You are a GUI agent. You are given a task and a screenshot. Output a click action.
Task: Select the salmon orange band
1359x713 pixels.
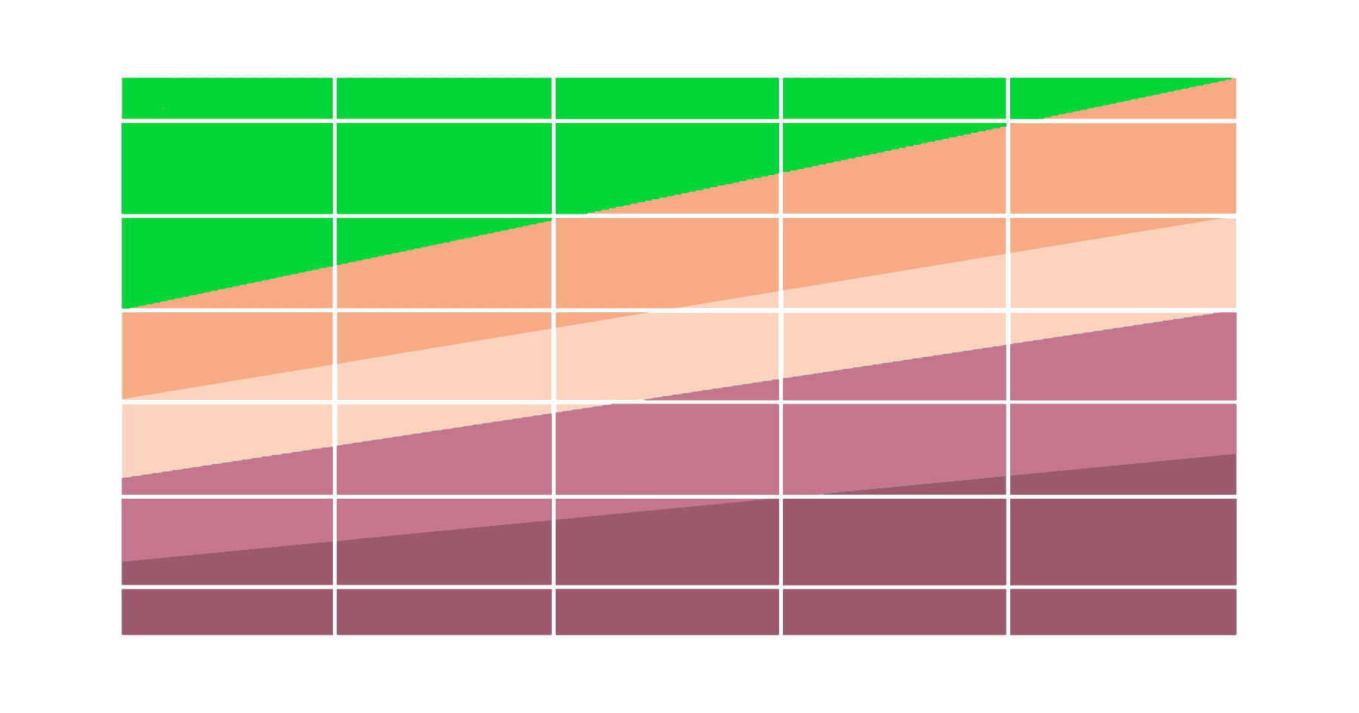[679, 257]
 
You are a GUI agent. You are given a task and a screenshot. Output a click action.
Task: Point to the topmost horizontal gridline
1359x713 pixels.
[679, 121]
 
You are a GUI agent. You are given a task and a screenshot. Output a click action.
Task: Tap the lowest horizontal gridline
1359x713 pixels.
[679, 586]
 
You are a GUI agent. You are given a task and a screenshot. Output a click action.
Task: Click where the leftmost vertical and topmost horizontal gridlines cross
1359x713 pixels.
[334, 121]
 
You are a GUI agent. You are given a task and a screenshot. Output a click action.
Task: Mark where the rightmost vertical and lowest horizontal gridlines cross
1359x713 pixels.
[1008, 586]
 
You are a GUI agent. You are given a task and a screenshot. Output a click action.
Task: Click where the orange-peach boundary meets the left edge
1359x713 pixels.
[122, 398]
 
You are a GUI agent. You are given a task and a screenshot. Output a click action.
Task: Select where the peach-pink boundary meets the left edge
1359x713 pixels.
[122, 478]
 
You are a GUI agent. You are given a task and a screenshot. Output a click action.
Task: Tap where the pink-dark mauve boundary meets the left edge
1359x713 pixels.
[122, 562]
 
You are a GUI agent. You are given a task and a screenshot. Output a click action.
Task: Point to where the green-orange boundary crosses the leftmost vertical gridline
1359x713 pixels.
[334, 266]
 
